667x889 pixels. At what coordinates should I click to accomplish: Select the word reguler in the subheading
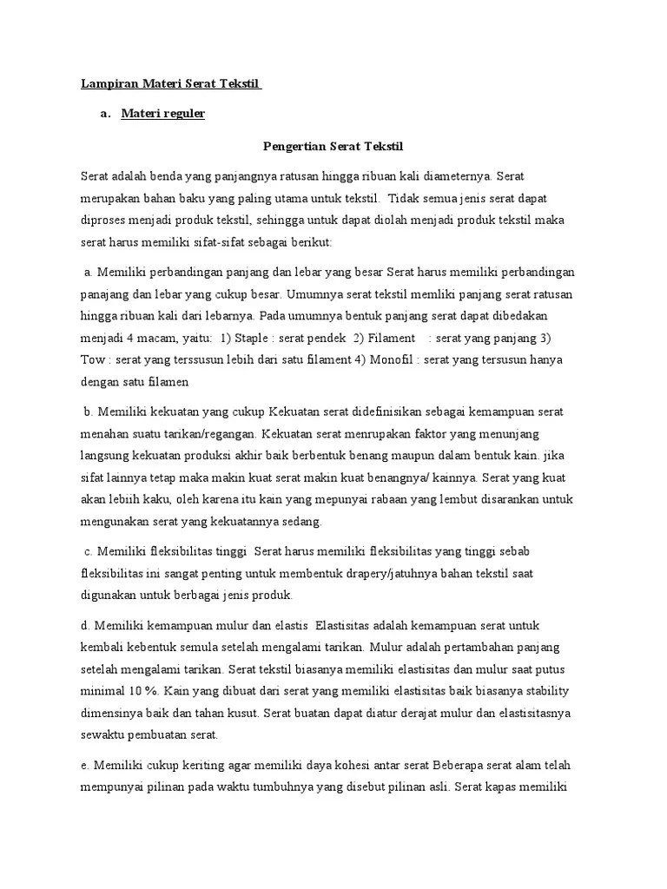click(182, 114)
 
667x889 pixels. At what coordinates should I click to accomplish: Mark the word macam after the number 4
click(161, 337)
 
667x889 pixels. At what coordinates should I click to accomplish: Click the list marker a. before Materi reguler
click(106, 114)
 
